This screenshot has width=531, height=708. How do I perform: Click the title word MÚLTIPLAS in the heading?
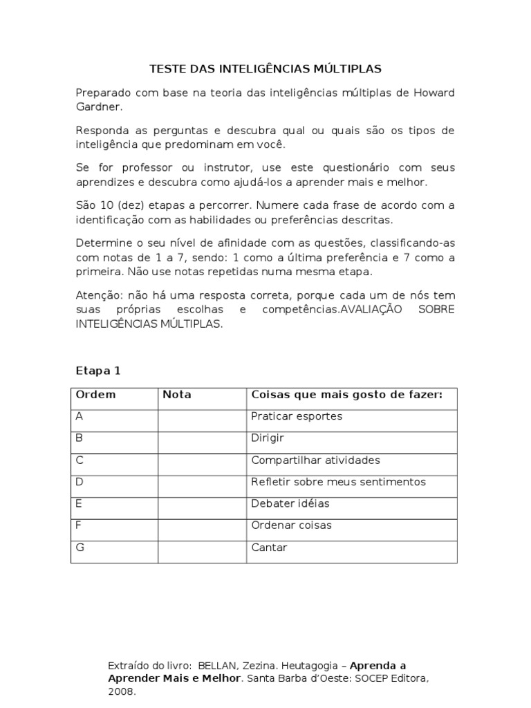coord(350,69)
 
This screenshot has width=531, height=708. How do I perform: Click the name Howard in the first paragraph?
coord(434,93)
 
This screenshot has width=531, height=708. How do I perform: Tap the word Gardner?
coord(98,107)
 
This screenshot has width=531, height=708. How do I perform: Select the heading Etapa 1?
coord(97,371)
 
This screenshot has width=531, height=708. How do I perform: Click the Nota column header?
coord(177,395)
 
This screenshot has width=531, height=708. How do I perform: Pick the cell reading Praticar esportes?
coord(297,416)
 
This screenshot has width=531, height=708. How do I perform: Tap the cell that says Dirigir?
coord(268,438)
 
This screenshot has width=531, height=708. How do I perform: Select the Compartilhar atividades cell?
coord(315,460)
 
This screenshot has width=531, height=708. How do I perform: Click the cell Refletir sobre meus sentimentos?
coord(338,482)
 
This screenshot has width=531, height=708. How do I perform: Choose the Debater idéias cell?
coord(290,503)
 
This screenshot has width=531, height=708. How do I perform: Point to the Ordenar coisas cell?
coord(291,525)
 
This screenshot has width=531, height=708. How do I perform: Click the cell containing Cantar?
coord(269,548)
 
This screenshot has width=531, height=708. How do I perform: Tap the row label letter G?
coord(80,548)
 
